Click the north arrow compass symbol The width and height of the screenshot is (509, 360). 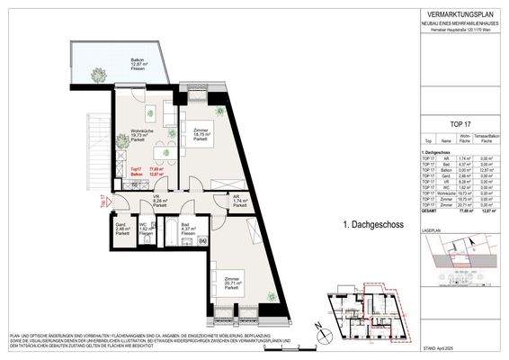coord(315,324)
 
